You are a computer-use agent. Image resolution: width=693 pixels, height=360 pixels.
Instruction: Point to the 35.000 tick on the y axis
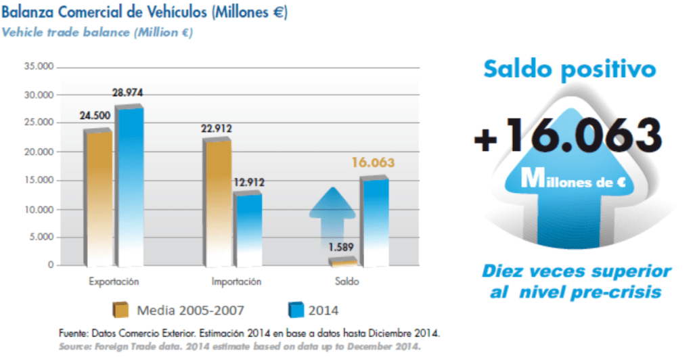[39, 67]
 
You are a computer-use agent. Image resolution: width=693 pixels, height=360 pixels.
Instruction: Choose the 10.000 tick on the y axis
[39, 209]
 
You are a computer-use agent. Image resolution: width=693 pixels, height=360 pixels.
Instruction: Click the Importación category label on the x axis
[232, 281]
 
